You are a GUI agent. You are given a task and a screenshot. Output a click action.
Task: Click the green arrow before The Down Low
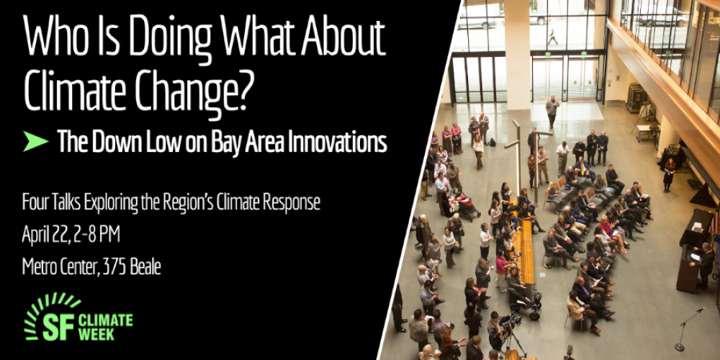click(x=35, y=141)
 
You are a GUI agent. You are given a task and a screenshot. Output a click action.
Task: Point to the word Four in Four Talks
click(x=35, y=202)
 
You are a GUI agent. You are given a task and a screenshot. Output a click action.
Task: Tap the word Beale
click(x=146, y=266)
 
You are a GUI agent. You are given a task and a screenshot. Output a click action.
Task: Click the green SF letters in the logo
click(x=59, y=326)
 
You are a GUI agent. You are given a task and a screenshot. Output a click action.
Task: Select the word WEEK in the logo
click(x=96, y=335)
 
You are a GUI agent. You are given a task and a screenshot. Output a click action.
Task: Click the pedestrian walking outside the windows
click(x=552, y=37)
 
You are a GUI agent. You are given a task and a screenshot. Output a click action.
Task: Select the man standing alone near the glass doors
click(x=552, y=112)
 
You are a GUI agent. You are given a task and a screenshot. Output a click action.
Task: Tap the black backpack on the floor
click(x=492, y=143)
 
